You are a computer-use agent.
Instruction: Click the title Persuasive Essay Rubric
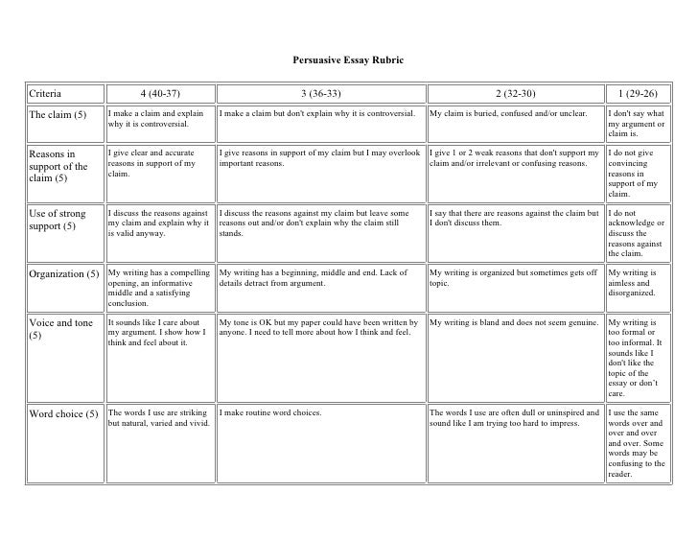click(348, 61)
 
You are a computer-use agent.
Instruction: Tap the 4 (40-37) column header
click(159, 93)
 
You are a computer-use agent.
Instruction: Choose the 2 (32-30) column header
click(515, 93)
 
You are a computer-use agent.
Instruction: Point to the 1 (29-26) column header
click(638, 93)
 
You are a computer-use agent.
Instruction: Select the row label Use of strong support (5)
click(59, 220)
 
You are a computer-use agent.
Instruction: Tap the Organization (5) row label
click(64, 273)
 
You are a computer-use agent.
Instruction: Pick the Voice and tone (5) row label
click(60, 329)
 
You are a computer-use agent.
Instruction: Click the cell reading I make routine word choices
click(270, 412)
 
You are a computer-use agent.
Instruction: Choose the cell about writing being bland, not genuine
click(515, 322)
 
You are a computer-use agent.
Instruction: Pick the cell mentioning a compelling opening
click(158, 289)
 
